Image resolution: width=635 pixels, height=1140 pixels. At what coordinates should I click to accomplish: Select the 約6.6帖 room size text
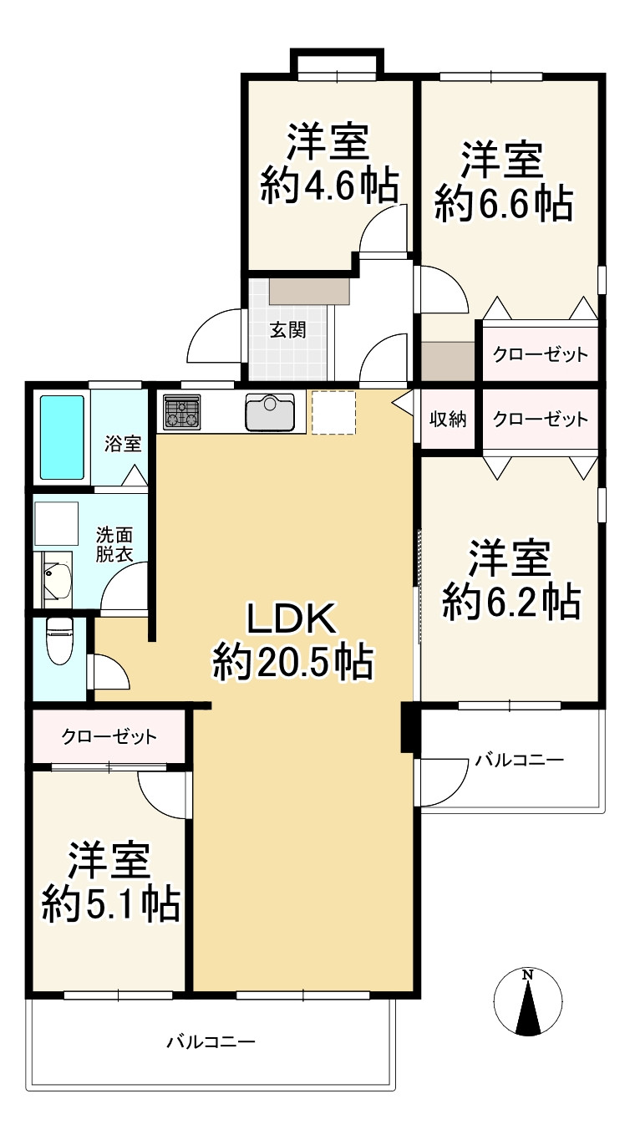click(x=504, y=202)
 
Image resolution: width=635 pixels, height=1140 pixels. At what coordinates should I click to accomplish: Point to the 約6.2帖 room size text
click(x=511, y=601)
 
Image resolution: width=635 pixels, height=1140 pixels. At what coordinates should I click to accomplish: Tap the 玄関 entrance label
click(x=287, y=329)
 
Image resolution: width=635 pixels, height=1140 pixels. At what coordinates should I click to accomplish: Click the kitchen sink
click(x=269, y=411)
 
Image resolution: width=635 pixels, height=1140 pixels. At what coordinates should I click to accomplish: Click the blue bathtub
click(x=63, y=437)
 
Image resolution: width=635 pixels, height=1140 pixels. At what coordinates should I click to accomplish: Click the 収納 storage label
click(x=448, y=420)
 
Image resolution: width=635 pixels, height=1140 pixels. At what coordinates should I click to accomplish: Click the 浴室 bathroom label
click(x=123, y=444)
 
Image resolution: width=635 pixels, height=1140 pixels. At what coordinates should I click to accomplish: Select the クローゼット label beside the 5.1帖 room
click(x=109, y=736)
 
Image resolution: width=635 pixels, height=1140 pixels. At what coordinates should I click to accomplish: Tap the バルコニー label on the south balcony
click(x=210, y=1041)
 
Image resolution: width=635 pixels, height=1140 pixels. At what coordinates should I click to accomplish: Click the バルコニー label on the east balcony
click(x=520, y=760)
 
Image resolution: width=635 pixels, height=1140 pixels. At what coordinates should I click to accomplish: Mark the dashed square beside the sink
click(x=333, y=412)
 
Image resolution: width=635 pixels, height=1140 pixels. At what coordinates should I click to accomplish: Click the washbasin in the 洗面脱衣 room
click(x=57, y=579)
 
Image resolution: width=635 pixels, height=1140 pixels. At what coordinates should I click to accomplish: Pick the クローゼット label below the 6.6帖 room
click(x=540, y=354)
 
